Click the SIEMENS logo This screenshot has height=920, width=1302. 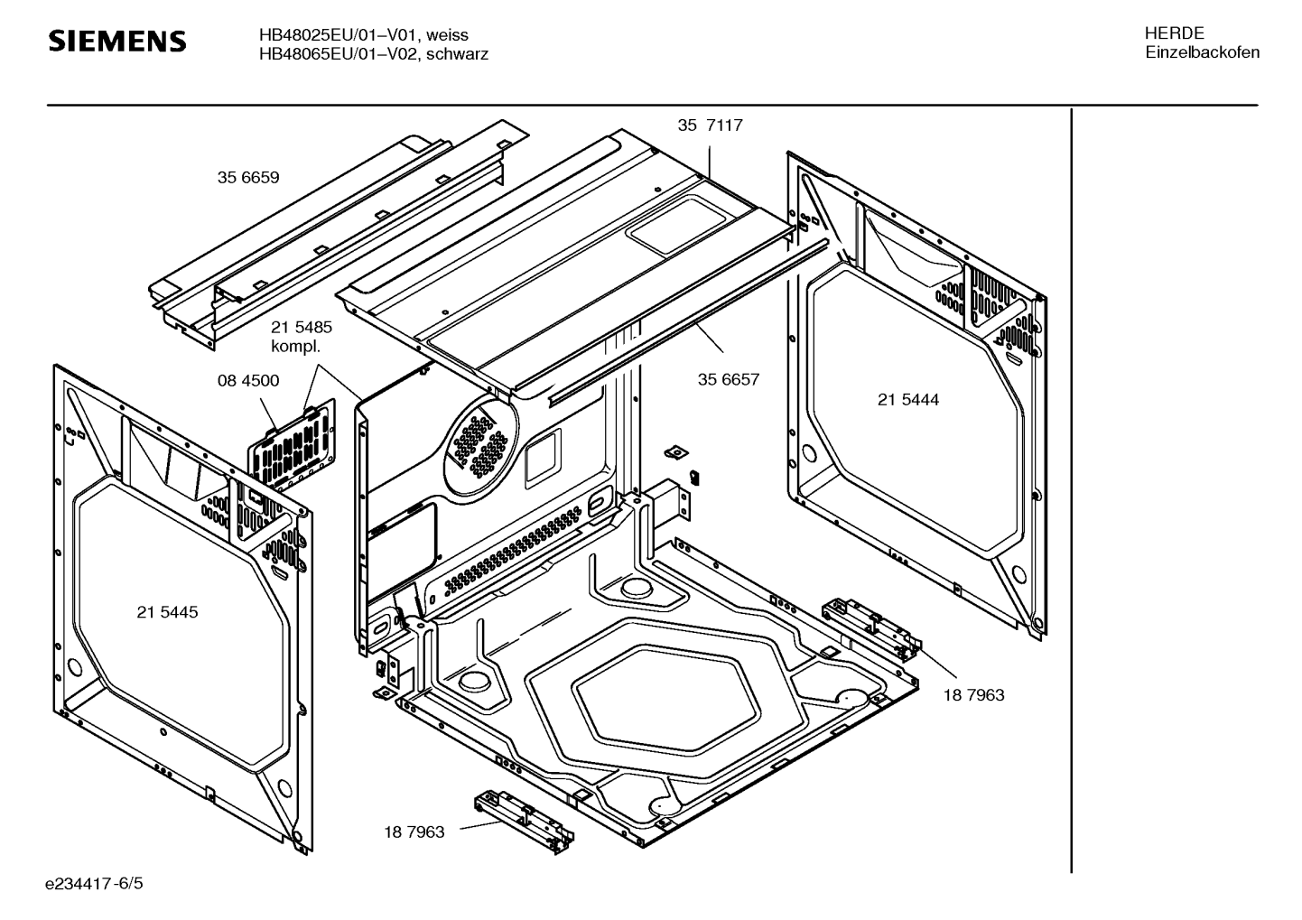(x=117, y=42)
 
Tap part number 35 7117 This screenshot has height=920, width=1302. (x=710, y=125)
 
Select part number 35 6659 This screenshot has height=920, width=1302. (x=247, y=178)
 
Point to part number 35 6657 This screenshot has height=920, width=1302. (x=728, y=379)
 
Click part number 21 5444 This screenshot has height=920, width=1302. (x=907, y=399)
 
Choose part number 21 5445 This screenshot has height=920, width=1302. (x=167, y=612)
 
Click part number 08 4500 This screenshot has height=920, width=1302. (x=247, y=381)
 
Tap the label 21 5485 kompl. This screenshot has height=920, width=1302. (x=301, y=337)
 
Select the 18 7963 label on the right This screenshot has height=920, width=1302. (x=973, y=695)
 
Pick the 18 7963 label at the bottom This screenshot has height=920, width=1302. (x=414, y=832)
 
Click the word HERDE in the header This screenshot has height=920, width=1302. (x=1174, y=33)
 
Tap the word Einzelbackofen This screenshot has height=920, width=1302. (x=1202, y=53)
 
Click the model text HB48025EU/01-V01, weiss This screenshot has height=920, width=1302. (x=363, y=34)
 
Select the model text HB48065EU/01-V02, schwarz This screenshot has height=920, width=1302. (x=373, y=54)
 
